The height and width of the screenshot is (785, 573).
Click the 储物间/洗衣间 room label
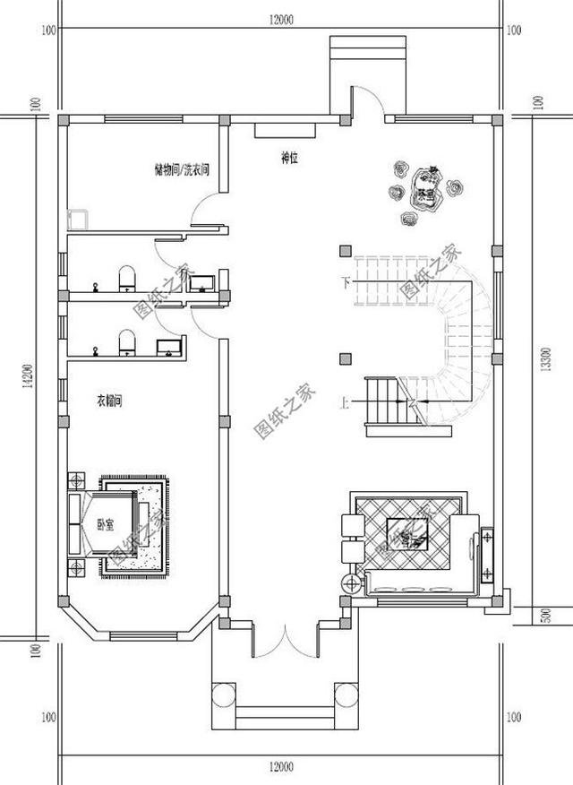181,168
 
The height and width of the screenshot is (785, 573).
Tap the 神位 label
289,160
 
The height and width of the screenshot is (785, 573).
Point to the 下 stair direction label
345,282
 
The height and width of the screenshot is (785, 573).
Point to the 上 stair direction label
345,401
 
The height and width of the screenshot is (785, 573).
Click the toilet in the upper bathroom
126,279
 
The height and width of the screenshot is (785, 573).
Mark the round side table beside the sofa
351,583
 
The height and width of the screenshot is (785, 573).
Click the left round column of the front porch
220,695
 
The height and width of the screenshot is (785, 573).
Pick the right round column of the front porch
345,695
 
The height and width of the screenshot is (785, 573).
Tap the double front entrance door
284,641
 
